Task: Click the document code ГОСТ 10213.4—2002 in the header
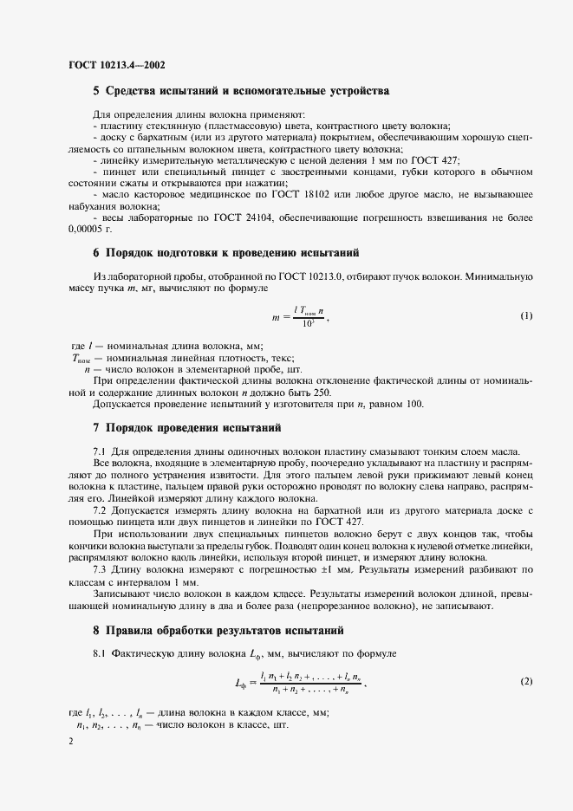pyautogui.click(x=117, y=64)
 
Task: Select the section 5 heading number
pyautogui.click(x=96, y=90)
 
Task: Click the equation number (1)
pyautogui.click(x=526, y=315)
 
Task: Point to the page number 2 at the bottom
pyautogui.click(x=70, y=743)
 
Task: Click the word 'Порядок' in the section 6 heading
pyautogui.click(x=133, y=253)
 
